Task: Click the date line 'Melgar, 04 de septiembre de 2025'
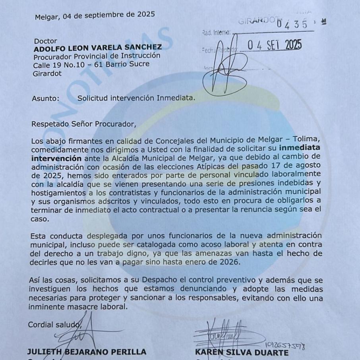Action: coord(95,17)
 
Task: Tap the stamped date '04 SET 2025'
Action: coord(275,45)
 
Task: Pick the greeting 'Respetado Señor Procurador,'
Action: coord(84,123)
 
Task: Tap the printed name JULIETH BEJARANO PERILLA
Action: coord(87,352)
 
